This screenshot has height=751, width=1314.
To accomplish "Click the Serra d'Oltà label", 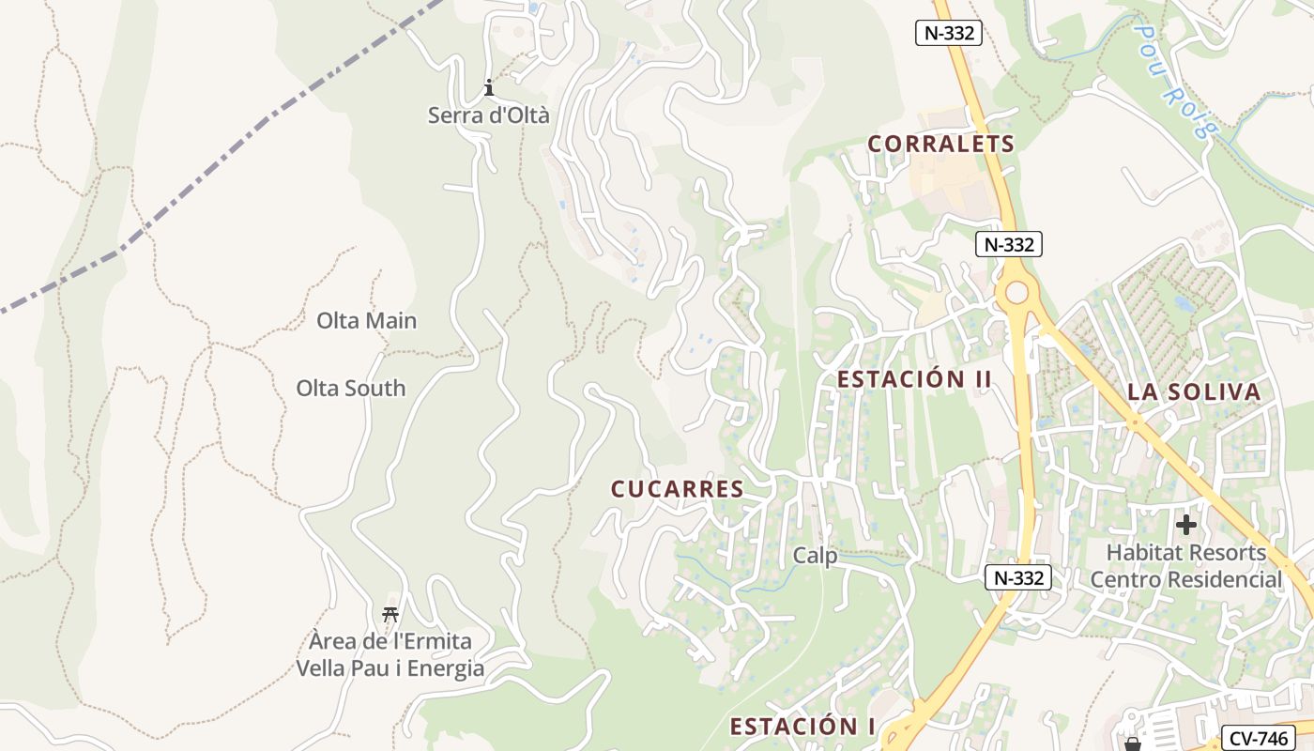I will click(488, 115).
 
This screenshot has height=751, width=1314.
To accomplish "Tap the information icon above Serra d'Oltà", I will click(488, 89).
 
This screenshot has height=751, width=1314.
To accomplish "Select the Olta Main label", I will click(366, 320).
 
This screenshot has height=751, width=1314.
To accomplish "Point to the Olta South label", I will click(351, 388).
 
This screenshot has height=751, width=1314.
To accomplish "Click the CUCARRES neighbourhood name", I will click(677, 489).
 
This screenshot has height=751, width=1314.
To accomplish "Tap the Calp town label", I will click(815, 556).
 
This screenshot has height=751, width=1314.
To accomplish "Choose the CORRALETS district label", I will click(940, 144).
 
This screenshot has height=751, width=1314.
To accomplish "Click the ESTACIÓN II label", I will click(914, 379).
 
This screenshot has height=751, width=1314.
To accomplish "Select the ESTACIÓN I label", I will click(802, 727).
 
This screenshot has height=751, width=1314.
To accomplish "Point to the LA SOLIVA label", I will click(1194, 392).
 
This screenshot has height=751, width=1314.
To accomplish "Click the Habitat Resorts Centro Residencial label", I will click(1185, 566).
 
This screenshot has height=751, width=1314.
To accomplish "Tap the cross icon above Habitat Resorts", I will click(1186, 525).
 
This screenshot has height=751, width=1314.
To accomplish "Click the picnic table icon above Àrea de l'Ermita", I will click(390, 615).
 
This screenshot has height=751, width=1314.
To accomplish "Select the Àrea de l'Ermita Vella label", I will click(390, 655).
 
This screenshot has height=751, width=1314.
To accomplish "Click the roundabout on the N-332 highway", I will click(1016, 293).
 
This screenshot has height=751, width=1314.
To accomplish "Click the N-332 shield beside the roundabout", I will click(1009, 245).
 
